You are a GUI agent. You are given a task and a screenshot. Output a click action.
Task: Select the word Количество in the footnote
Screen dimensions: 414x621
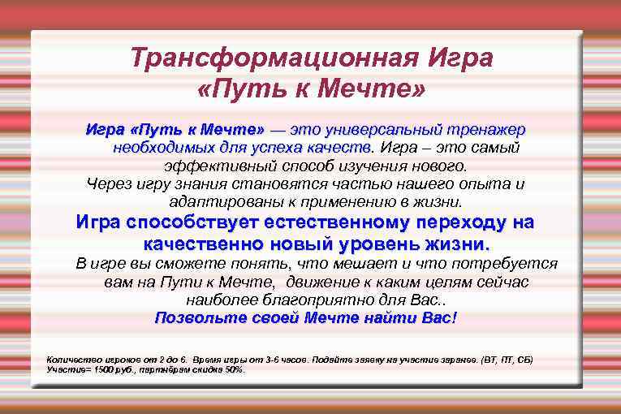(70, 359)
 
